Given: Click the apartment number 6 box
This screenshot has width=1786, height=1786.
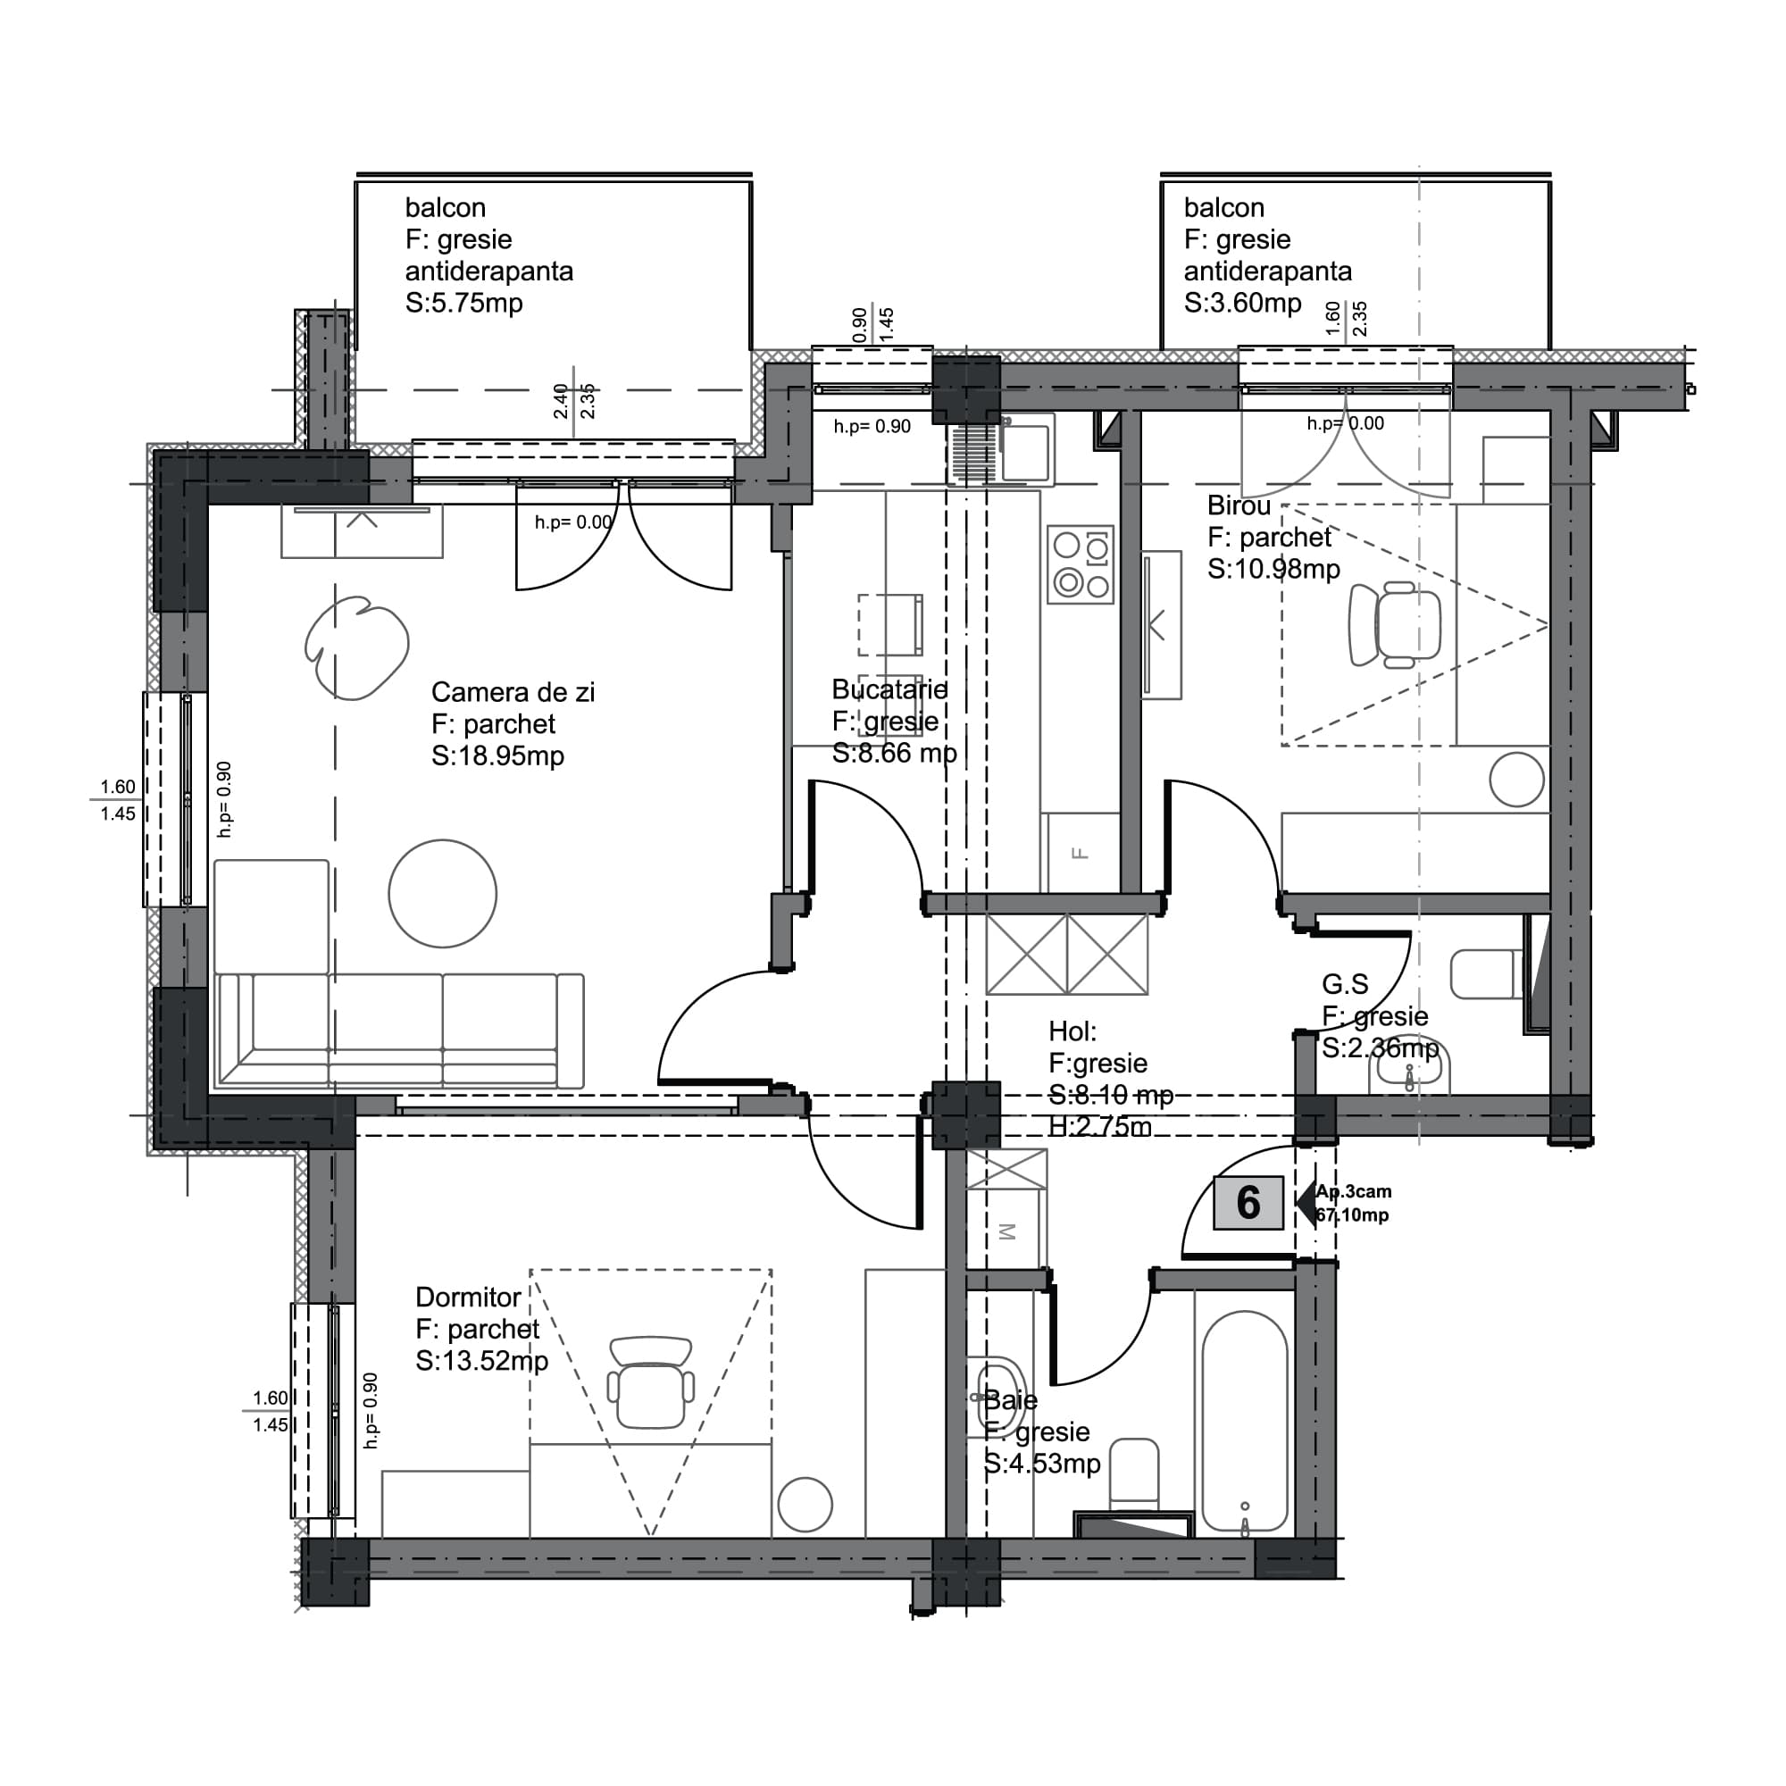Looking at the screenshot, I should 1248,1203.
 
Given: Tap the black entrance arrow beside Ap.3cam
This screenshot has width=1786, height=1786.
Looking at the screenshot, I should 1306,1203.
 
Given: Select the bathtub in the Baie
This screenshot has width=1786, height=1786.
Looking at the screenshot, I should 1244,1424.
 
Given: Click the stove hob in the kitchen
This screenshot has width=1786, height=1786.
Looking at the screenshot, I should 1081,565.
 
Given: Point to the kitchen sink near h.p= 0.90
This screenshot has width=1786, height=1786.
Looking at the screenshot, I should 1026,450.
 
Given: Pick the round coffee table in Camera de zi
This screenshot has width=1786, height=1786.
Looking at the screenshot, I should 443,893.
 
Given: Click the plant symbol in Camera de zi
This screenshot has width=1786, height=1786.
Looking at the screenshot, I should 356,647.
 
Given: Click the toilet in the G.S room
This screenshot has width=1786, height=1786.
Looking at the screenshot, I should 1485,973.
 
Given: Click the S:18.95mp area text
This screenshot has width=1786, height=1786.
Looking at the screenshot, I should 497,755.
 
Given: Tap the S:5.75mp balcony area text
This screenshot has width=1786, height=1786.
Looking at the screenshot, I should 463,303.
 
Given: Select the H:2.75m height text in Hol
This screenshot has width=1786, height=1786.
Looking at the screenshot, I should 1099,1127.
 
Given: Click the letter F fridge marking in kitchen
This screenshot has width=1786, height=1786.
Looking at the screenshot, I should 1080,853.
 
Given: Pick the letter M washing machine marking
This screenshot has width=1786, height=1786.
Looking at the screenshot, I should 1007,1231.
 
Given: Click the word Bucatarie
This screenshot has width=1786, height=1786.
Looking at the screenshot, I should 889,689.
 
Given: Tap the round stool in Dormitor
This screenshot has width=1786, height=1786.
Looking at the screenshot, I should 805,1504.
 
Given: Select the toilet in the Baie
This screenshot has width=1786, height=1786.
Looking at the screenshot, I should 1133,1471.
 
